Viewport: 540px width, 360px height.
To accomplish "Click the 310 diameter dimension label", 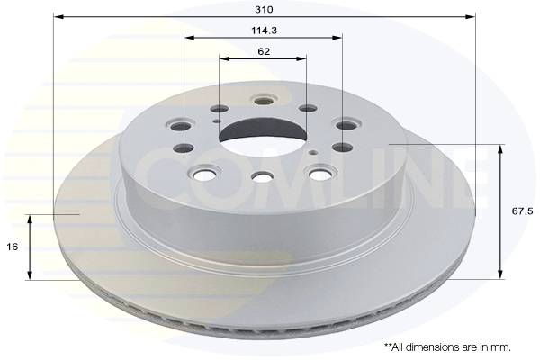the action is [264, 9].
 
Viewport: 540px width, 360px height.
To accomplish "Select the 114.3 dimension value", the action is [264, 31].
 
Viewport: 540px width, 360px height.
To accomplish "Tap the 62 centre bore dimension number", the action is [264, 51].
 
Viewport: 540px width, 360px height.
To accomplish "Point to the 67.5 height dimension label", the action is [522, 211].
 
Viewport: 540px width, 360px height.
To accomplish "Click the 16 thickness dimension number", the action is [13, 247].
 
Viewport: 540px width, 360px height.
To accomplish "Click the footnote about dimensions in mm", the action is [447, 346].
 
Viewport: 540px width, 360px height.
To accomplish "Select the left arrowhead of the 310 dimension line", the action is [58, 16].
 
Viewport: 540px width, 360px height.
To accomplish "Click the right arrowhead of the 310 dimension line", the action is [471, 16].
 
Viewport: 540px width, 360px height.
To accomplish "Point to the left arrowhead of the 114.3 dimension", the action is [189, 37].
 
